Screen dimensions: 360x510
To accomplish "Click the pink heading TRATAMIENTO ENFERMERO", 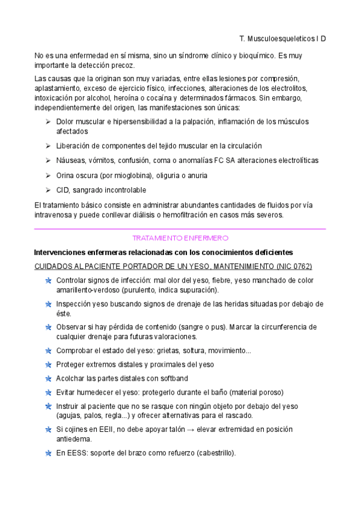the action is (180, 238).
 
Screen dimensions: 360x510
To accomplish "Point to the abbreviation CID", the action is (63, 191).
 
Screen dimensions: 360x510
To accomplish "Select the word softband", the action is (172, 378).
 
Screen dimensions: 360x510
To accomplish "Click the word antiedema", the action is (72, 439).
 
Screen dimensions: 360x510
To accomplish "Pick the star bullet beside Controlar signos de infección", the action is (47, 281).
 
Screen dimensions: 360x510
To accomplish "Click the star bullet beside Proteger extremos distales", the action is (47, 364).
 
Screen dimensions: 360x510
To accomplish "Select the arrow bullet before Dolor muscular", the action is (48, 122).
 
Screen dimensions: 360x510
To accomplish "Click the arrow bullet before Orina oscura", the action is (48, 176).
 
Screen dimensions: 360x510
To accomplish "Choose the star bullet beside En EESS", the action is (47, 453).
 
